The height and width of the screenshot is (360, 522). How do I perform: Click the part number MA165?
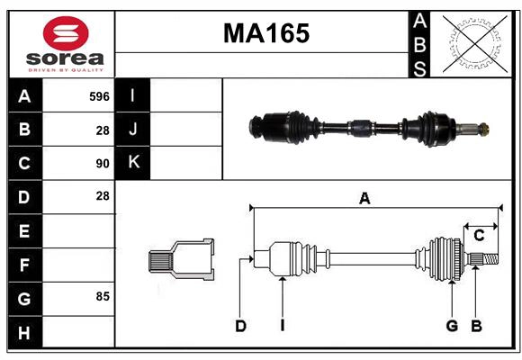(265, 34)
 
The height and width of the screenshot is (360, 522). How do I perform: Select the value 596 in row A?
(98, 96)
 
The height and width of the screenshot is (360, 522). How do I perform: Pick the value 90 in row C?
(102, 164)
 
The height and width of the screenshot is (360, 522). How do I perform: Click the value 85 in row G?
(102, 296)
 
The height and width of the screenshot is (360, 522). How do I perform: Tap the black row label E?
(24, 231)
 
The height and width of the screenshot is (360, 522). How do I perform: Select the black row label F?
(24, 265)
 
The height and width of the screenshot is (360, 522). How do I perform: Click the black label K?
(133, 163)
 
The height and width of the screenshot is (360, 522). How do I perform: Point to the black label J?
(133, 130)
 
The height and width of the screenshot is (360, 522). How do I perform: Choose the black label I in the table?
(133, 96)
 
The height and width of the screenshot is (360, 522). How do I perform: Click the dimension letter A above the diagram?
(364, 199)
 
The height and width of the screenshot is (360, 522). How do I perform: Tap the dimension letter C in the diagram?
(479, 236)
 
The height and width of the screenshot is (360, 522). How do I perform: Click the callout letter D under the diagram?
(240, 326)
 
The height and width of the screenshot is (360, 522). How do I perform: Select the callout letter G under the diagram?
(452, 326)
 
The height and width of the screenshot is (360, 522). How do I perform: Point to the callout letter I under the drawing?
(282, 326)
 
